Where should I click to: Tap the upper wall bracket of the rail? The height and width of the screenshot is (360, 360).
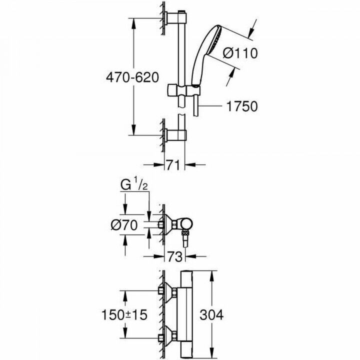(x=175, y=19)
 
